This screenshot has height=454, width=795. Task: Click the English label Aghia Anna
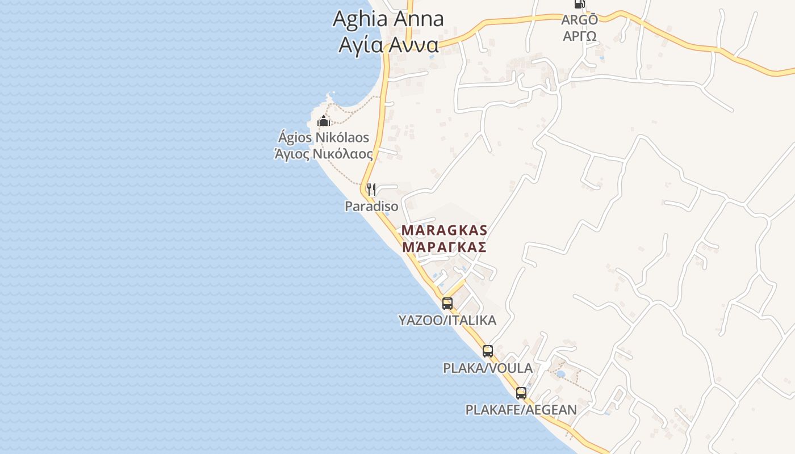[388, 19]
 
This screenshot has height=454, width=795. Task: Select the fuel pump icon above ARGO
[579, 3]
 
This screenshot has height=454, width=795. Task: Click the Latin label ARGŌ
[579, 20]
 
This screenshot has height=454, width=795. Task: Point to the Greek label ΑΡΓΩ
[579, 36]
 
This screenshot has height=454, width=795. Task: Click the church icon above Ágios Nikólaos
[324, 121]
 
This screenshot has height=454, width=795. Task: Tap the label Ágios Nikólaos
[323, 137]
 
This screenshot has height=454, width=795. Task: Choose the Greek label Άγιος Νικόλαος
[323, 154]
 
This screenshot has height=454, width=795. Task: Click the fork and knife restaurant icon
[371, 189]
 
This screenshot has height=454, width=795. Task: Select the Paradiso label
[371, 206]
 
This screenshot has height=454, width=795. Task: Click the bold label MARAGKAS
[444, 230]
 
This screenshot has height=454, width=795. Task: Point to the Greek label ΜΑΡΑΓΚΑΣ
[444, 247]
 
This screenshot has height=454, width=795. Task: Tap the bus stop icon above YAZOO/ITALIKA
[447, 303]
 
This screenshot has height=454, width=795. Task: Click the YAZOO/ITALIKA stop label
[447, 320]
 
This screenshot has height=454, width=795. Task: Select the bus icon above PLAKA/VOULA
[488, 351]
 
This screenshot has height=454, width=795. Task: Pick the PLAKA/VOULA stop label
[488, 368]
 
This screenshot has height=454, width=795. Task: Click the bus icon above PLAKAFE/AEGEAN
[521, 393]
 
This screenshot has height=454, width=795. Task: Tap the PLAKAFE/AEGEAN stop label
[521, 410]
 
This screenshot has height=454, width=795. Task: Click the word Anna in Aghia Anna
[419, 19]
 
